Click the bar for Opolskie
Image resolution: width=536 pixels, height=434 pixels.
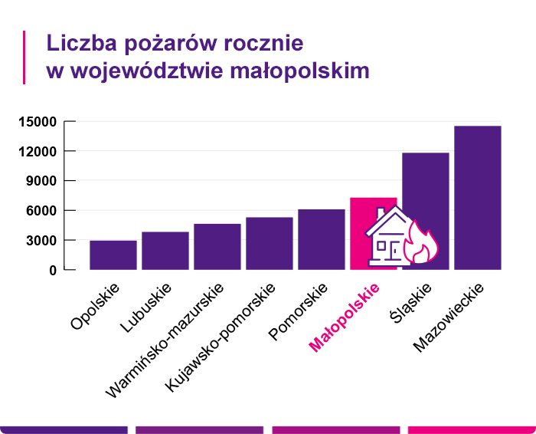pos(113,255)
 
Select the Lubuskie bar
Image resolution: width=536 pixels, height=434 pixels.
pos(165,251)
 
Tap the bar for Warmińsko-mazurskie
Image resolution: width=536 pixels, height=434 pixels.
pos(217,247)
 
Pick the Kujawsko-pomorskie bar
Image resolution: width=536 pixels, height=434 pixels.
pos(270,244)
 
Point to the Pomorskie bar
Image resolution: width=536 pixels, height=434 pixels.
pos(322,239)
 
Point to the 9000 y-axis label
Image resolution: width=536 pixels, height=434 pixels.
pos(42,181)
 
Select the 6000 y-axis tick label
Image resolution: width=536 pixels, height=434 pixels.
pos(42,211)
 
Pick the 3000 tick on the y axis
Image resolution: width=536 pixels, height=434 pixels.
pos(42,241)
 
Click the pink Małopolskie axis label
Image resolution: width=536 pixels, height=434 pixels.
pos(345,317)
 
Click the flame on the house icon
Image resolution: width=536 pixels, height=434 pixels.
pos(421,244)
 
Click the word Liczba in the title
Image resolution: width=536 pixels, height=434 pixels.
pos(77,41)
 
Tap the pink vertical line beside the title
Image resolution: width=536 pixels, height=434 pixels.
pos(25,57)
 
